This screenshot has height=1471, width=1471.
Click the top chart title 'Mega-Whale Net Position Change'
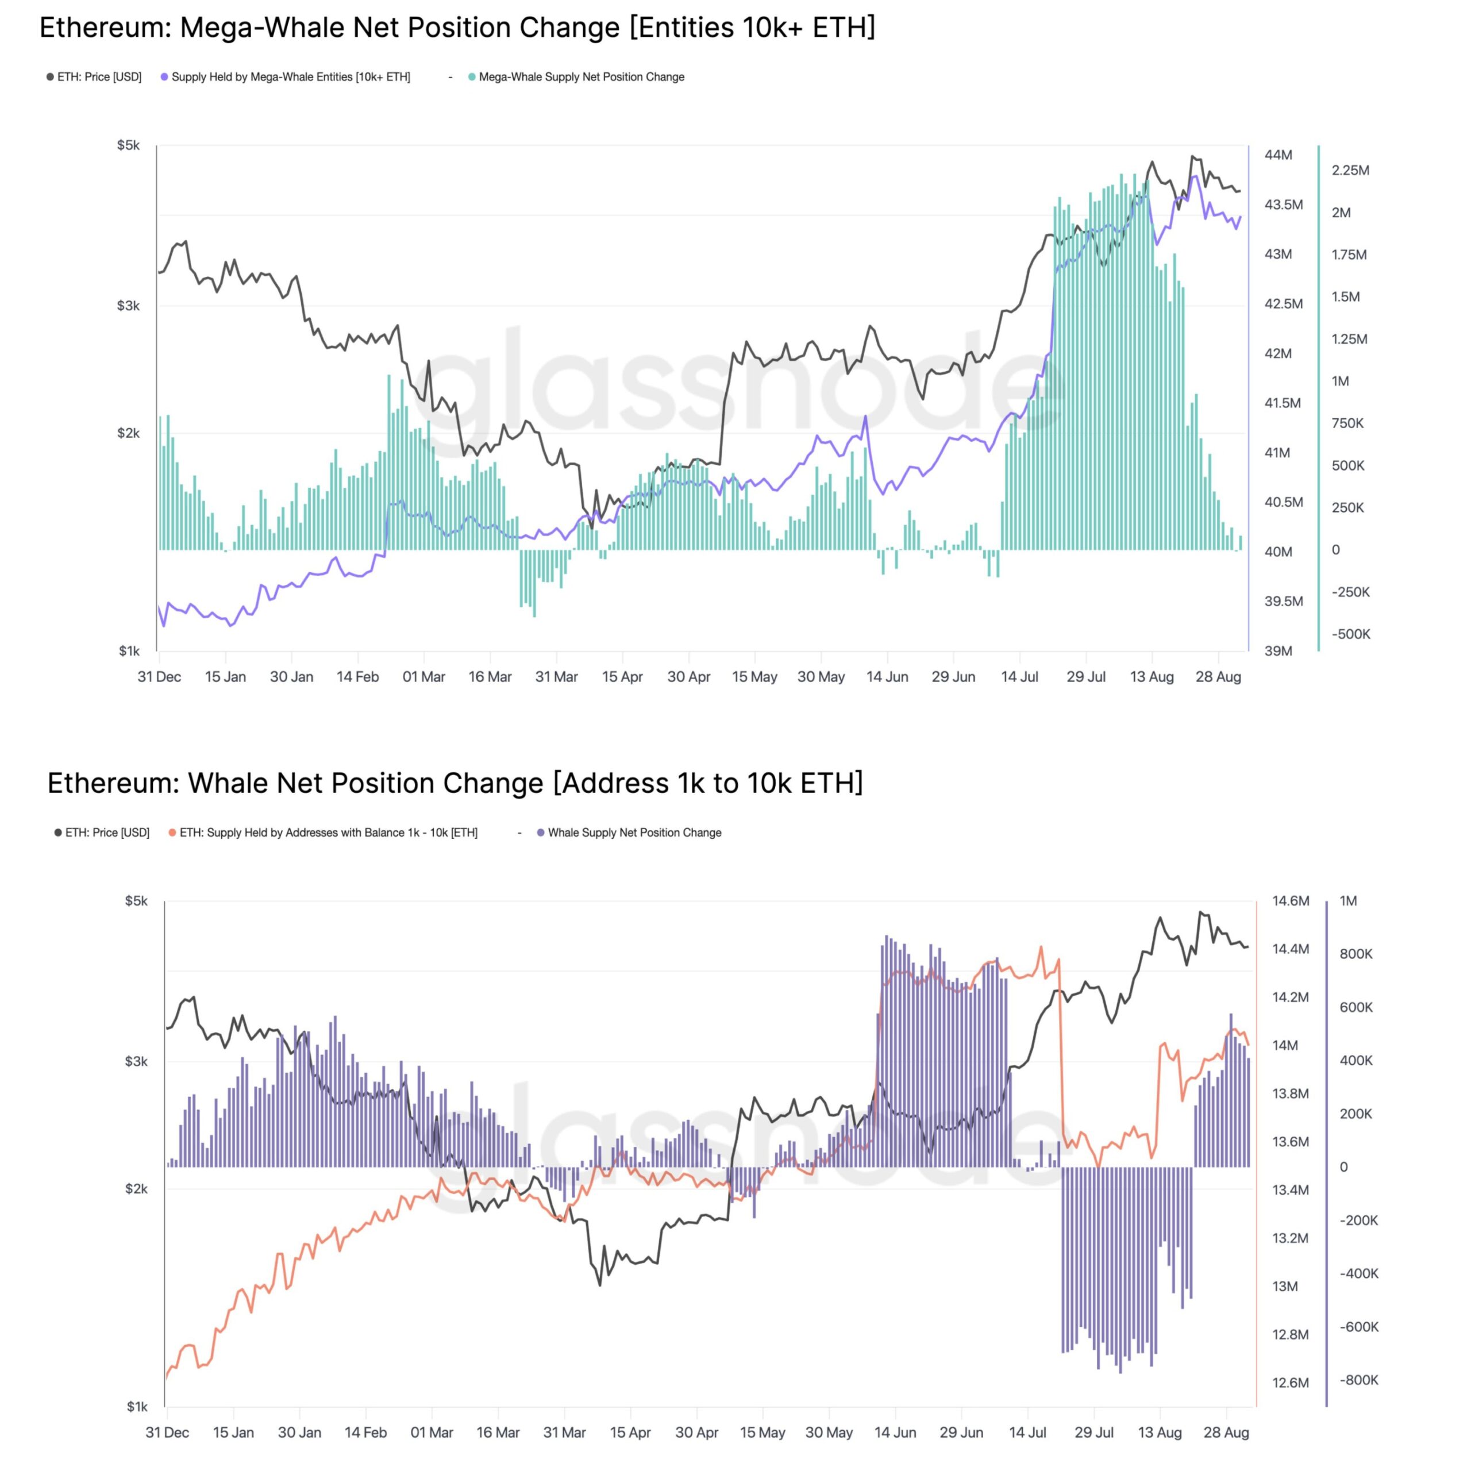(457, 28)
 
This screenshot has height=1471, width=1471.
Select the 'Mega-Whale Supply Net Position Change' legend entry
(581, 77)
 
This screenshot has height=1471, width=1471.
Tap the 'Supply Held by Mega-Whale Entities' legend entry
(290, 77)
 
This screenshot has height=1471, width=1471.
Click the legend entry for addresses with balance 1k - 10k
(328, 833)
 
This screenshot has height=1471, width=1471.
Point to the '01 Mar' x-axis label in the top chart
(423, 677)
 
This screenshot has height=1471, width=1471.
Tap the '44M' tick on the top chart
(1279, 155)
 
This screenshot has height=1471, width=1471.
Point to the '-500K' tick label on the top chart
(1350, 634)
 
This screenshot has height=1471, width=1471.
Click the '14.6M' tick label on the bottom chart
(1291, 902)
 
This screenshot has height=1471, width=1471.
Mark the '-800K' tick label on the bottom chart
(1358, 1380)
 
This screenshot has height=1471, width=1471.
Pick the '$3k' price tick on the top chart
(128, 306)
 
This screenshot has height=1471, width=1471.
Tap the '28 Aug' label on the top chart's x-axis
(1218, 677)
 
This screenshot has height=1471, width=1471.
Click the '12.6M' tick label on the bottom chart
(1291, 1383)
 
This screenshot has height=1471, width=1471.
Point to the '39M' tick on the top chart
(1279, 651)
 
